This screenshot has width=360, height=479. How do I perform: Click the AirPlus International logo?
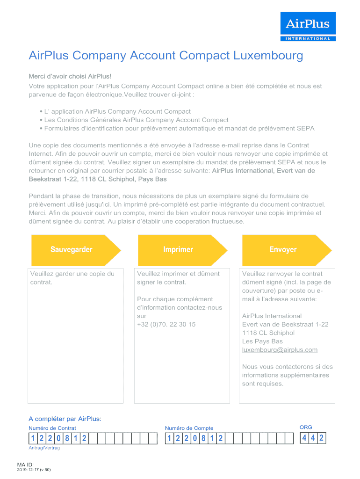pos(308,27)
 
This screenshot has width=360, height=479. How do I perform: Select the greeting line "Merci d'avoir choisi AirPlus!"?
pos(70,76)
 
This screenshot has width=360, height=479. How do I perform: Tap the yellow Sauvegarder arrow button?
pos(72,249)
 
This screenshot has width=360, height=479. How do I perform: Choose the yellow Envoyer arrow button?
pos(283,249)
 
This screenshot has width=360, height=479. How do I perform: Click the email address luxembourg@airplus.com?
pos(280,350)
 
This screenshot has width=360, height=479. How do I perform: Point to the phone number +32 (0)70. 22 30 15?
pos(166,324)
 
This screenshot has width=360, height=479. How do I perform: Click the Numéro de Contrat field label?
pos(52,428)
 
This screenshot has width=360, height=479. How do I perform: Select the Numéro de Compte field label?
pos(189,428)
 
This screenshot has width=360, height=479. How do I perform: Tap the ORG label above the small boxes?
pos(306,427)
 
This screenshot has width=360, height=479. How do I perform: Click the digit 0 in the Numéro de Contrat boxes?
pos(58,439)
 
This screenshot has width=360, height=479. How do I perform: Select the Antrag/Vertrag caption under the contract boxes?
pos(44,448)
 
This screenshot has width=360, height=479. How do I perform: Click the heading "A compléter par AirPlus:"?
pos(65,419)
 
